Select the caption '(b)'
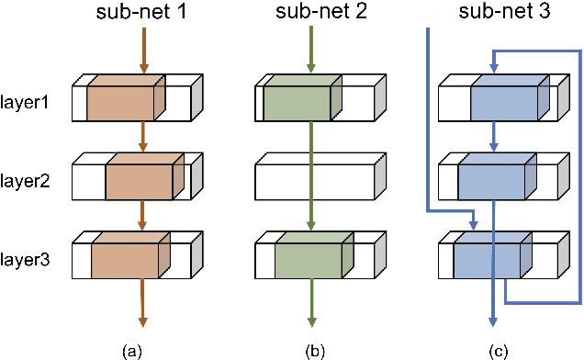[x=312, y=350]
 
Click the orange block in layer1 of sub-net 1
[x=124, y=99]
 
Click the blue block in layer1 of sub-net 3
[x=508, y=99]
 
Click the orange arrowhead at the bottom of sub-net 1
[x=142, y=321]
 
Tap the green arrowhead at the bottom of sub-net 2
[x=312, y=321]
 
